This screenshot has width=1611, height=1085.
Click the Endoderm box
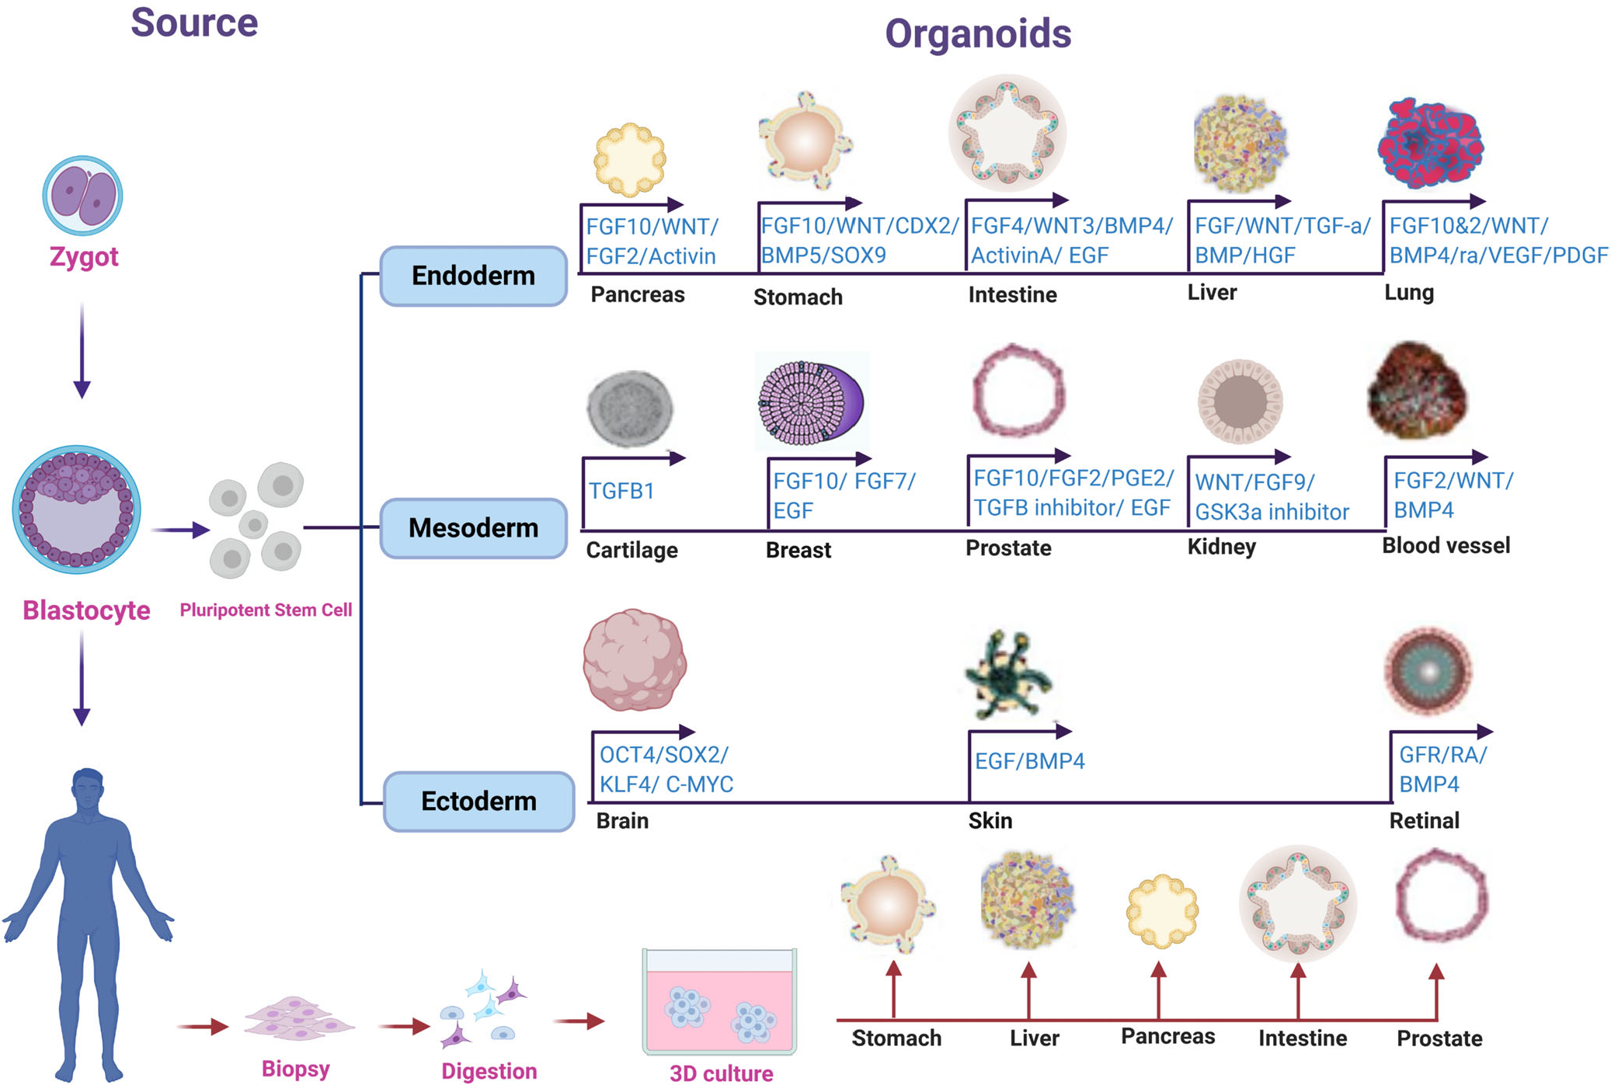coord(473,276)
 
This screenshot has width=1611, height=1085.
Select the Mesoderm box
coord(473,528)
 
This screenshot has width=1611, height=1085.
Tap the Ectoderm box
coord(478,801)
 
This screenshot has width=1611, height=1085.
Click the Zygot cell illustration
coord(82,195)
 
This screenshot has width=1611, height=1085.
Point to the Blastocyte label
coord(86,610)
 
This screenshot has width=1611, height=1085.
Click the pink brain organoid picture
coord(635,659)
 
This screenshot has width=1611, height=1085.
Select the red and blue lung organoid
coord(1430,144)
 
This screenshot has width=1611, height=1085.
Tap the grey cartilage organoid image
coord(630,409)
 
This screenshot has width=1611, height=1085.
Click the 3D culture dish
coord(719,1001)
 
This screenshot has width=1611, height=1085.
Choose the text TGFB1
coord(621,491)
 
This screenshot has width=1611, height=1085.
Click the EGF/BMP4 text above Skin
coord(1030,761)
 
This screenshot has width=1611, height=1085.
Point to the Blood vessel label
coord(1446,545)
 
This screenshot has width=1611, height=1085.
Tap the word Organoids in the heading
coord(978,34)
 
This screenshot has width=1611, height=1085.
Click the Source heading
coord(194,23)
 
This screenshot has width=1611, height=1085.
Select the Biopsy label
coord(296,1069)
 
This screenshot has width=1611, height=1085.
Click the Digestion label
coord(489,1071)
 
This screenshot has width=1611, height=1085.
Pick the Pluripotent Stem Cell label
coord(266,610)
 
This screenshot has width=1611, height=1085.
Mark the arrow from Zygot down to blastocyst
coord(82,351)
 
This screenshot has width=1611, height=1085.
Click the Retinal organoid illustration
coord(1428,671)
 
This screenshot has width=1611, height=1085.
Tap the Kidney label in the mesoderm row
coord(1222,547)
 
